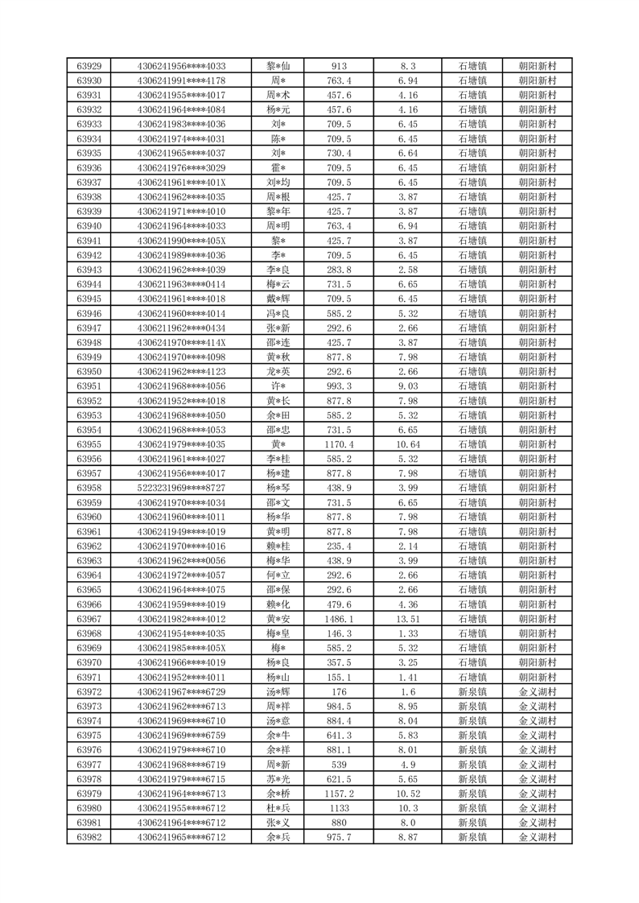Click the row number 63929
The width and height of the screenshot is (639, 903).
tap(89, 66)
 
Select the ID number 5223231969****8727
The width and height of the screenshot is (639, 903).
tap(181, 488)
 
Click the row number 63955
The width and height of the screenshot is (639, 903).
tap(89, 444)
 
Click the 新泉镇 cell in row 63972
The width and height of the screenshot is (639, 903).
tap(472, 691)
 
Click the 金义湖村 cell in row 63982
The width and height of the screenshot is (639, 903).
tap(538, 837)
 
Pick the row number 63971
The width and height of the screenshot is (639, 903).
tap(89, 677)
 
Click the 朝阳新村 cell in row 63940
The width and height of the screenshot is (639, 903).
tap(538, 226)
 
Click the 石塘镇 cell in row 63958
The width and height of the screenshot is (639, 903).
tap(472, 488)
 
